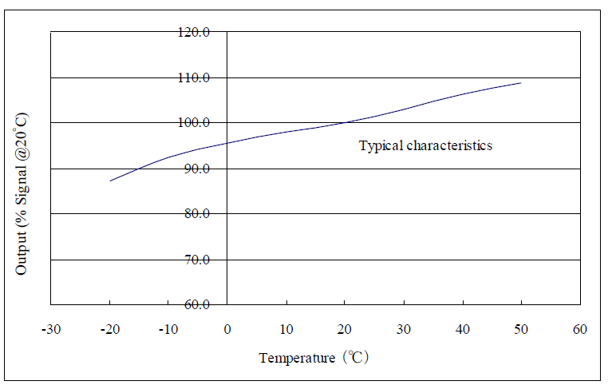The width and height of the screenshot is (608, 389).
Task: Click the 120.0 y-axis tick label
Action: point(195,32)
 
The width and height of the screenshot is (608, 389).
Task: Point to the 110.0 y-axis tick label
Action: point(195,77)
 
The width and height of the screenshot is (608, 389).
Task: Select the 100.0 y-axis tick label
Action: point(195,123)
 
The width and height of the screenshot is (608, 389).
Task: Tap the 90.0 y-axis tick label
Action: point(198,169)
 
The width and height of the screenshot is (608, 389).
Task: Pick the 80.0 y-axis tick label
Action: point(198,214)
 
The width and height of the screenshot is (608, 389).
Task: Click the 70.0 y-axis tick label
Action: point(198,260)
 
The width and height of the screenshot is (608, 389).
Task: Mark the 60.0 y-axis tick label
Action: point(198,305)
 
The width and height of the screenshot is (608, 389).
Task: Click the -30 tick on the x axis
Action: point(50,329)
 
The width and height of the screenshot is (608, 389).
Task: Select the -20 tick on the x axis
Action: point(109,329)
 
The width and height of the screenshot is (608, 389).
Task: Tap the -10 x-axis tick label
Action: point(168,329)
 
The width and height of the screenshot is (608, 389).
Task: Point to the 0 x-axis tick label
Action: point(227,329)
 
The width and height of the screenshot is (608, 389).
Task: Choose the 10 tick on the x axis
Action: point(286,329)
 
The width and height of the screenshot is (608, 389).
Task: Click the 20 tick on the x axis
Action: point(345,329)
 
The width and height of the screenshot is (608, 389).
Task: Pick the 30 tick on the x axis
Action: point(404,329)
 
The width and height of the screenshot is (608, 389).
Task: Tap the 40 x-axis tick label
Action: point(463,329)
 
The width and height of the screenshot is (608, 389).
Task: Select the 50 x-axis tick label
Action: point(521,329)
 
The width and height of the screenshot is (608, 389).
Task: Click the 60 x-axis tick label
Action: point(580,329)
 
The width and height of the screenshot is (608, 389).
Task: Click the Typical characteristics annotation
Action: point(425,146)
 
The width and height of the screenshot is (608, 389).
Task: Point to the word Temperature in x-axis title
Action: point(297,359)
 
